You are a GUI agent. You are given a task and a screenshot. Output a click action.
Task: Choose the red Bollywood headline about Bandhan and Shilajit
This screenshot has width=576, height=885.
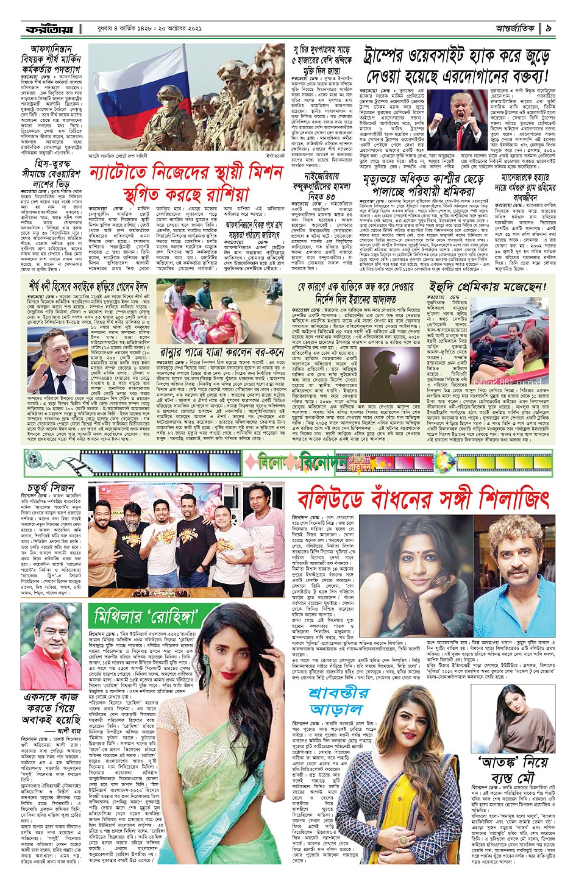click(423, 499)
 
